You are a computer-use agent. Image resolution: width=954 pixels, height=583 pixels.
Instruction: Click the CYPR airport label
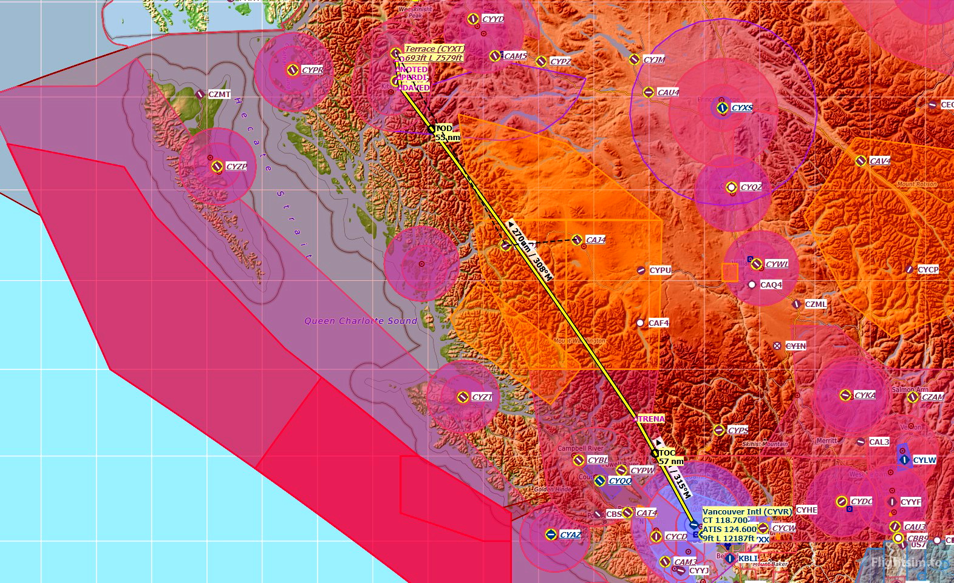click(x=312, y=70)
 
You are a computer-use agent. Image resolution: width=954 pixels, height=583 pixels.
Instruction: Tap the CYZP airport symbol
click(x=217, y=166)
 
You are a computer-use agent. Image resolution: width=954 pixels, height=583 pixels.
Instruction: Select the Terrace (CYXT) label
click(x=434, y=49)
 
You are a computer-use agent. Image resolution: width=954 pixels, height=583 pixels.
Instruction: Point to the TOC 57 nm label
click(x=670, y=457)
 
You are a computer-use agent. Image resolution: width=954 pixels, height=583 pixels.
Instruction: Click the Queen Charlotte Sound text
click(x=361, y=321)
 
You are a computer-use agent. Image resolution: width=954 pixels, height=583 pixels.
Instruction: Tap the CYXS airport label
click(x=741, y=107)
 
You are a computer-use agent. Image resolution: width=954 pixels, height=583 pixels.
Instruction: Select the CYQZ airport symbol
click(x=732, y=187)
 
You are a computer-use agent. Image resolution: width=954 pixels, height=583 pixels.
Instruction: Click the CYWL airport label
click(x=777, y=264)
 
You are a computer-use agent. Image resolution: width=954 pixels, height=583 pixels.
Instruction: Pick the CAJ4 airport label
click(x=595, y=240)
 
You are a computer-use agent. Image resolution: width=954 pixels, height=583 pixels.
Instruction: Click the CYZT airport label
click(x=482, y=397)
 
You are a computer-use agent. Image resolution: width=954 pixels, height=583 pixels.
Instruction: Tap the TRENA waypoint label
click(x=649, y=419)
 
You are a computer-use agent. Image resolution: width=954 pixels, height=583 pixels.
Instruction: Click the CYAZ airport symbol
click(x=550, y=534)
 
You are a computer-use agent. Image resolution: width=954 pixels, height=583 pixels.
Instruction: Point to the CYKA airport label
click(x=865, y=395)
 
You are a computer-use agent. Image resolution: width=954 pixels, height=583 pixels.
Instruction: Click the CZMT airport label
click(x=219, y=94)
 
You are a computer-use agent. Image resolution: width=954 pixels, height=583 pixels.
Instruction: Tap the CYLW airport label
click(x=924, y=460)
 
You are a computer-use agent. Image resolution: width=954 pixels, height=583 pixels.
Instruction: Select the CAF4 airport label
click(x=658, y=323)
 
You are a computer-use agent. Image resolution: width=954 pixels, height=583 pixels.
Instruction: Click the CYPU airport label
click(x=660, y=270)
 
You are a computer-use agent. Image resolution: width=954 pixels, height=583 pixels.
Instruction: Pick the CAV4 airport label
click(x=879, y=161)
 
